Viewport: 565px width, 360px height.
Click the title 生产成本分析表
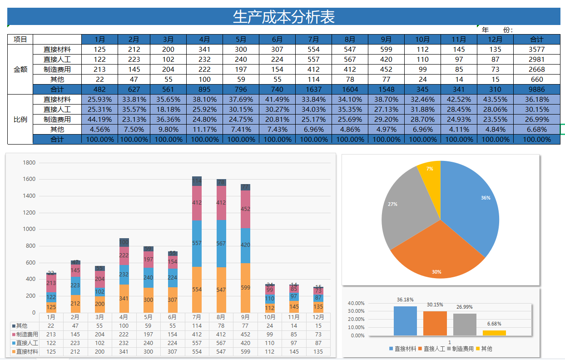pos(284,17)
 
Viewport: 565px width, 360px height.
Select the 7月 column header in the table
pos(313,39)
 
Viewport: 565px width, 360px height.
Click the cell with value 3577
pos(537,49)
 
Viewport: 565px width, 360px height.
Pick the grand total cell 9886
pos(537,89)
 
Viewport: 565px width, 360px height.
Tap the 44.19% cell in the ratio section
pos(99,119)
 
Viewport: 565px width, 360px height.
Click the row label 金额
pos(20,70)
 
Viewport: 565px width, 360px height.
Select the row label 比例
pos(20,120)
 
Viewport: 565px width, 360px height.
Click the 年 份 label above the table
pos(497,30)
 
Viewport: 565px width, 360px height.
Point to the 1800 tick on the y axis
pos(29,163)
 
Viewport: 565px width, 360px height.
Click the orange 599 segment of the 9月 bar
pos(245,288)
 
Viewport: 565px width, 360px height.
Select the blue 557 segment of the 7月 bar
pos(197,244)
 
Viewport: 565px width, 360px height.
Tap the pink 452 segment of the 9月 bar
pos(245,209)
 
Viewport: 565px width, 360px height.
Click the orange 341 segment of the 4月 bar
pos(124,299)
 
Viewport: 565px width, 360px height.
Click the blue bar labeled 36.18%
pos(405,321)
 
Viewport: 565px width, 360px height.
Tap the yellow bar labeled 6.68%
pos(494,333)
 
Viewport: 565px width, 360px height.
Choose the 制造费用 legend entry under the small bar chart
pos(460,349)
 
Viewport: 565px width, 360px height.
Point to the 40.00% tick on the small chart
pos(356,303)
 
